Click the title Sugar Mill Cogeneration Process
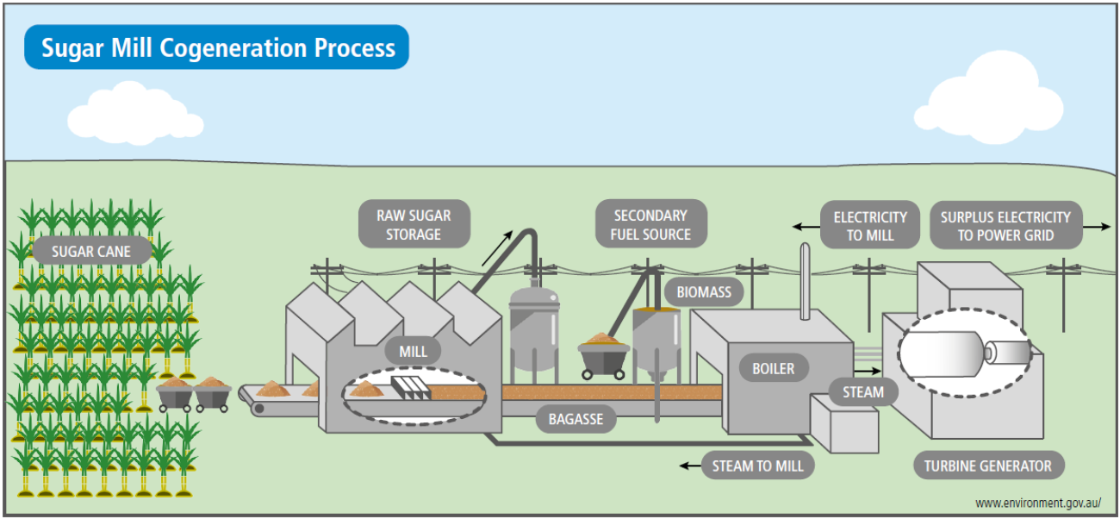tap(217, 47)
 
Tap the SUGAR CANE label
tap(91, 252)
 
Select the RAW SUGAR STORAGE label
tap(414, 224)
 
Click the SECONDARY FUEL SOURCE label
tap(650, 224)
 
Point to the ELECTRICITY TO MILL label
tap(869, 226)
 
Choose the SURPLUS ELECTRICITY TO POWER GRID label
tap(1005, 226)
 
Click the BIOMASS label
tap(703, 292)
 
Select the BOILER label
tap(773, 369)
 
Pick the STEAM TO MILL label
tap(757, 466)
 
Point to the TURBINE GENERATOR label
tap(988, 466)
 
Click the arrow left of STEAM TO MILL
tap(690, 466)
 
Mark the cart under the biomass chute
tap(603, 355)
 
